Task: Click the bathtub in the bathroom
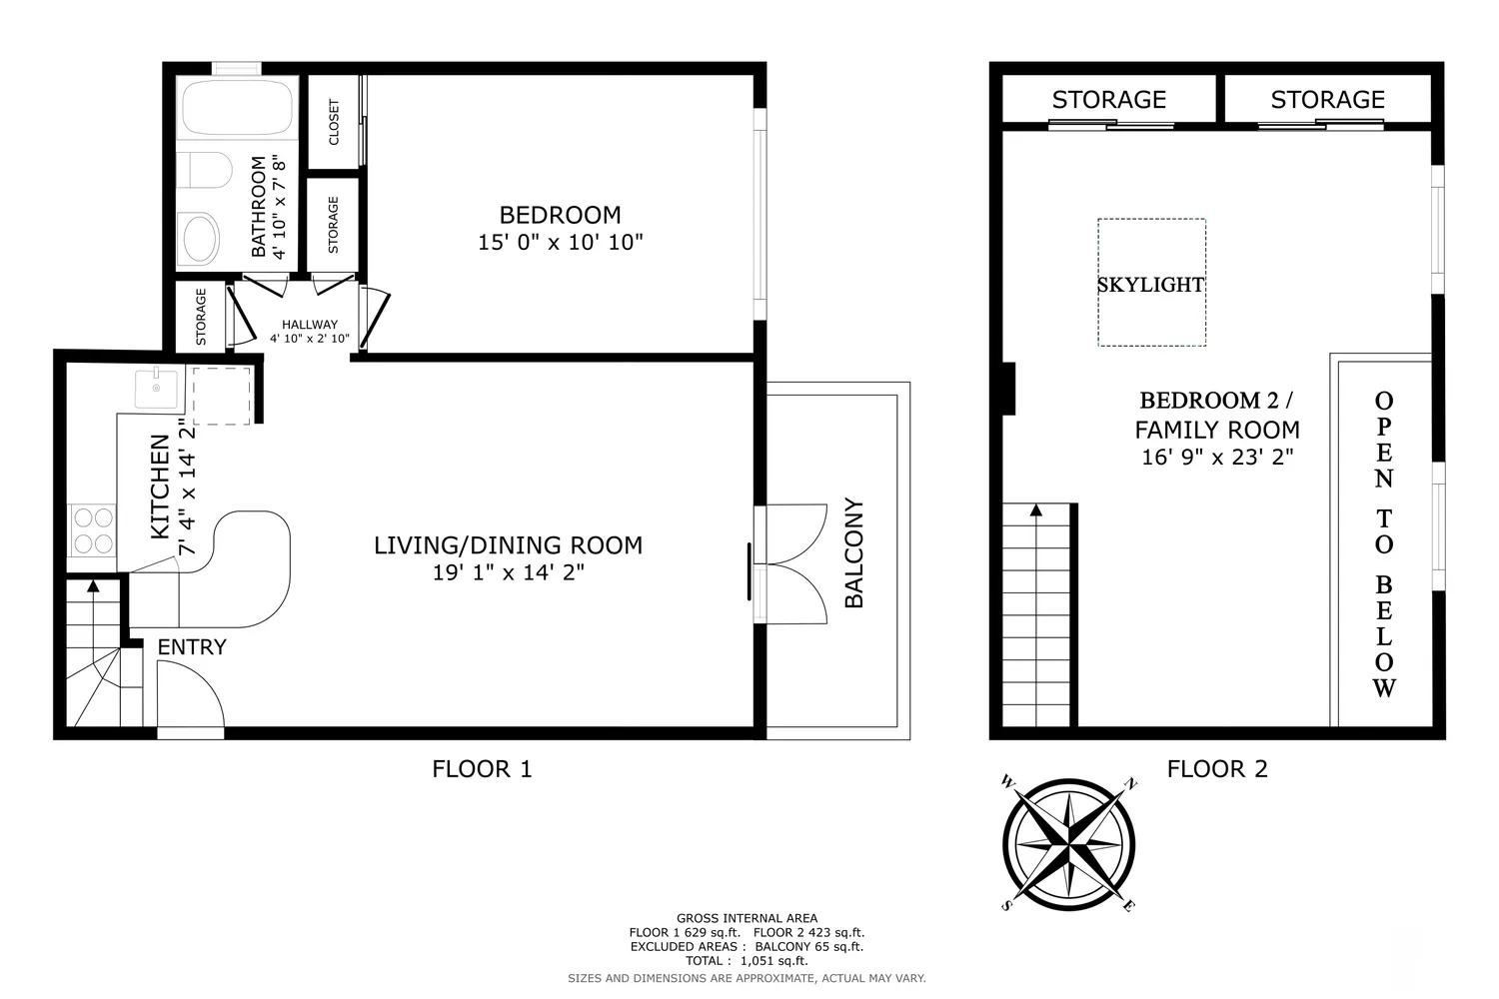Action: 237,108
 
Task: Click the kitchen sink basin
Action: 157,389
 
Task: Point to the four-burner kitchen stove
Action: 93,530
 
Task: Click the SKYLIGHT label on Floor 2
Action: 1151,285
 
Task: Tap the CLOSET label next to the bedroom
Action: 334,122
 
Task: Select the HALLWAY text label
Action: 310,325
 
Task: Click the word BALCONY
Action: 854,552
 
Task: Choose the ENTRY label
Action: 192,647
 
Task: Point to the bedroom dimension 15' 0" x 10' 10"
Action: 560,242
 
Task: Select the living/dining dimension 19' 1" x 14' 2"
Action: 509,572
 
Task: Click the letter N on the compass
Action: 1130,783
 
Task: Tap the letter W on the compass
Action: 1008,781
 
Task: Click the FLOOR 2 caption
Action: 1217,769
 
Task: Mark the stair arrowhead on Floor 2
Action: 1036,509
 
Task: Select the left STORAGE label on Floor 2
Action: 1109,100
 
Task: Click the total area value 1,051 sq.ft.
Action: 774,961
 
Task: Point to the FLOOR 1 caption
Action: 482,769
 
